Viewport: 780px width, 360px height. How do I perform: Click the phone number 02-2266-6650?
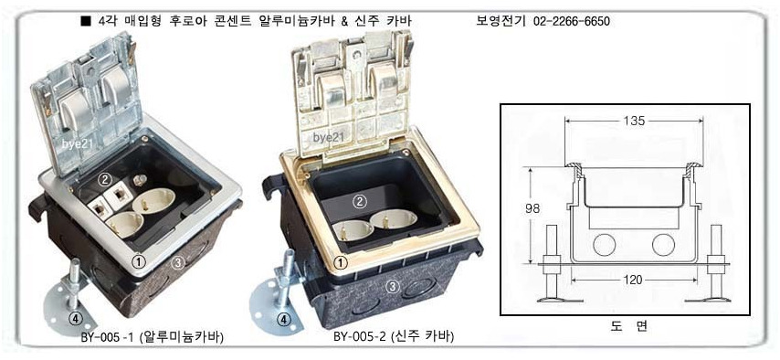click(571, 21)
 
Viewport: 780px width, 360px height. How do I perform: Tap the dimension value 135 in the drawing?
click(634, 121)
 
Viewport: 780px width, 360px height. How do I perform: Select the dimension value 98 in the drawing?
click(532, 208)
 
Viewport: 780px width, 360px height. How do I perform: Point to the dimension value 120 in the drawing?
click(633, 281)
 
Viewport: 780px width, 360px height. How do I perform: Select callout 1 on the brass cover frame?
click(341, 261)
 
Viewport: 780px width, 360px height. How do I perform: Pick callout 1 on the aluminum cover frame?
click(140, 259)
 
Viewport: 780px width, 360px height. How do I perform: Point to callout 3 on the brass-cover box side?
click(393, 286)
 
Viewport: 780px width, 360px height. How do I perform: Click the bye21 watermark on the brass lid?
click(329, 138)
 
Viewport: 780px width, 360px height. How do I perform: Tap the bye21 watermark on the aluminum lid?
click(79, 144)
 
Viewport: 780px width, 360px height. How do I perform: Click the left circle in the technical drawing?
click(604, 244)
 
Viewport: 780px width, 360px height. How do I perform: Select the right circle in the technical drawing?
click(663, 244)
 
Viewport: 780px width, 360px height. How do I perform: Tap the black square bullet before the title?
click(86, 21)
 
